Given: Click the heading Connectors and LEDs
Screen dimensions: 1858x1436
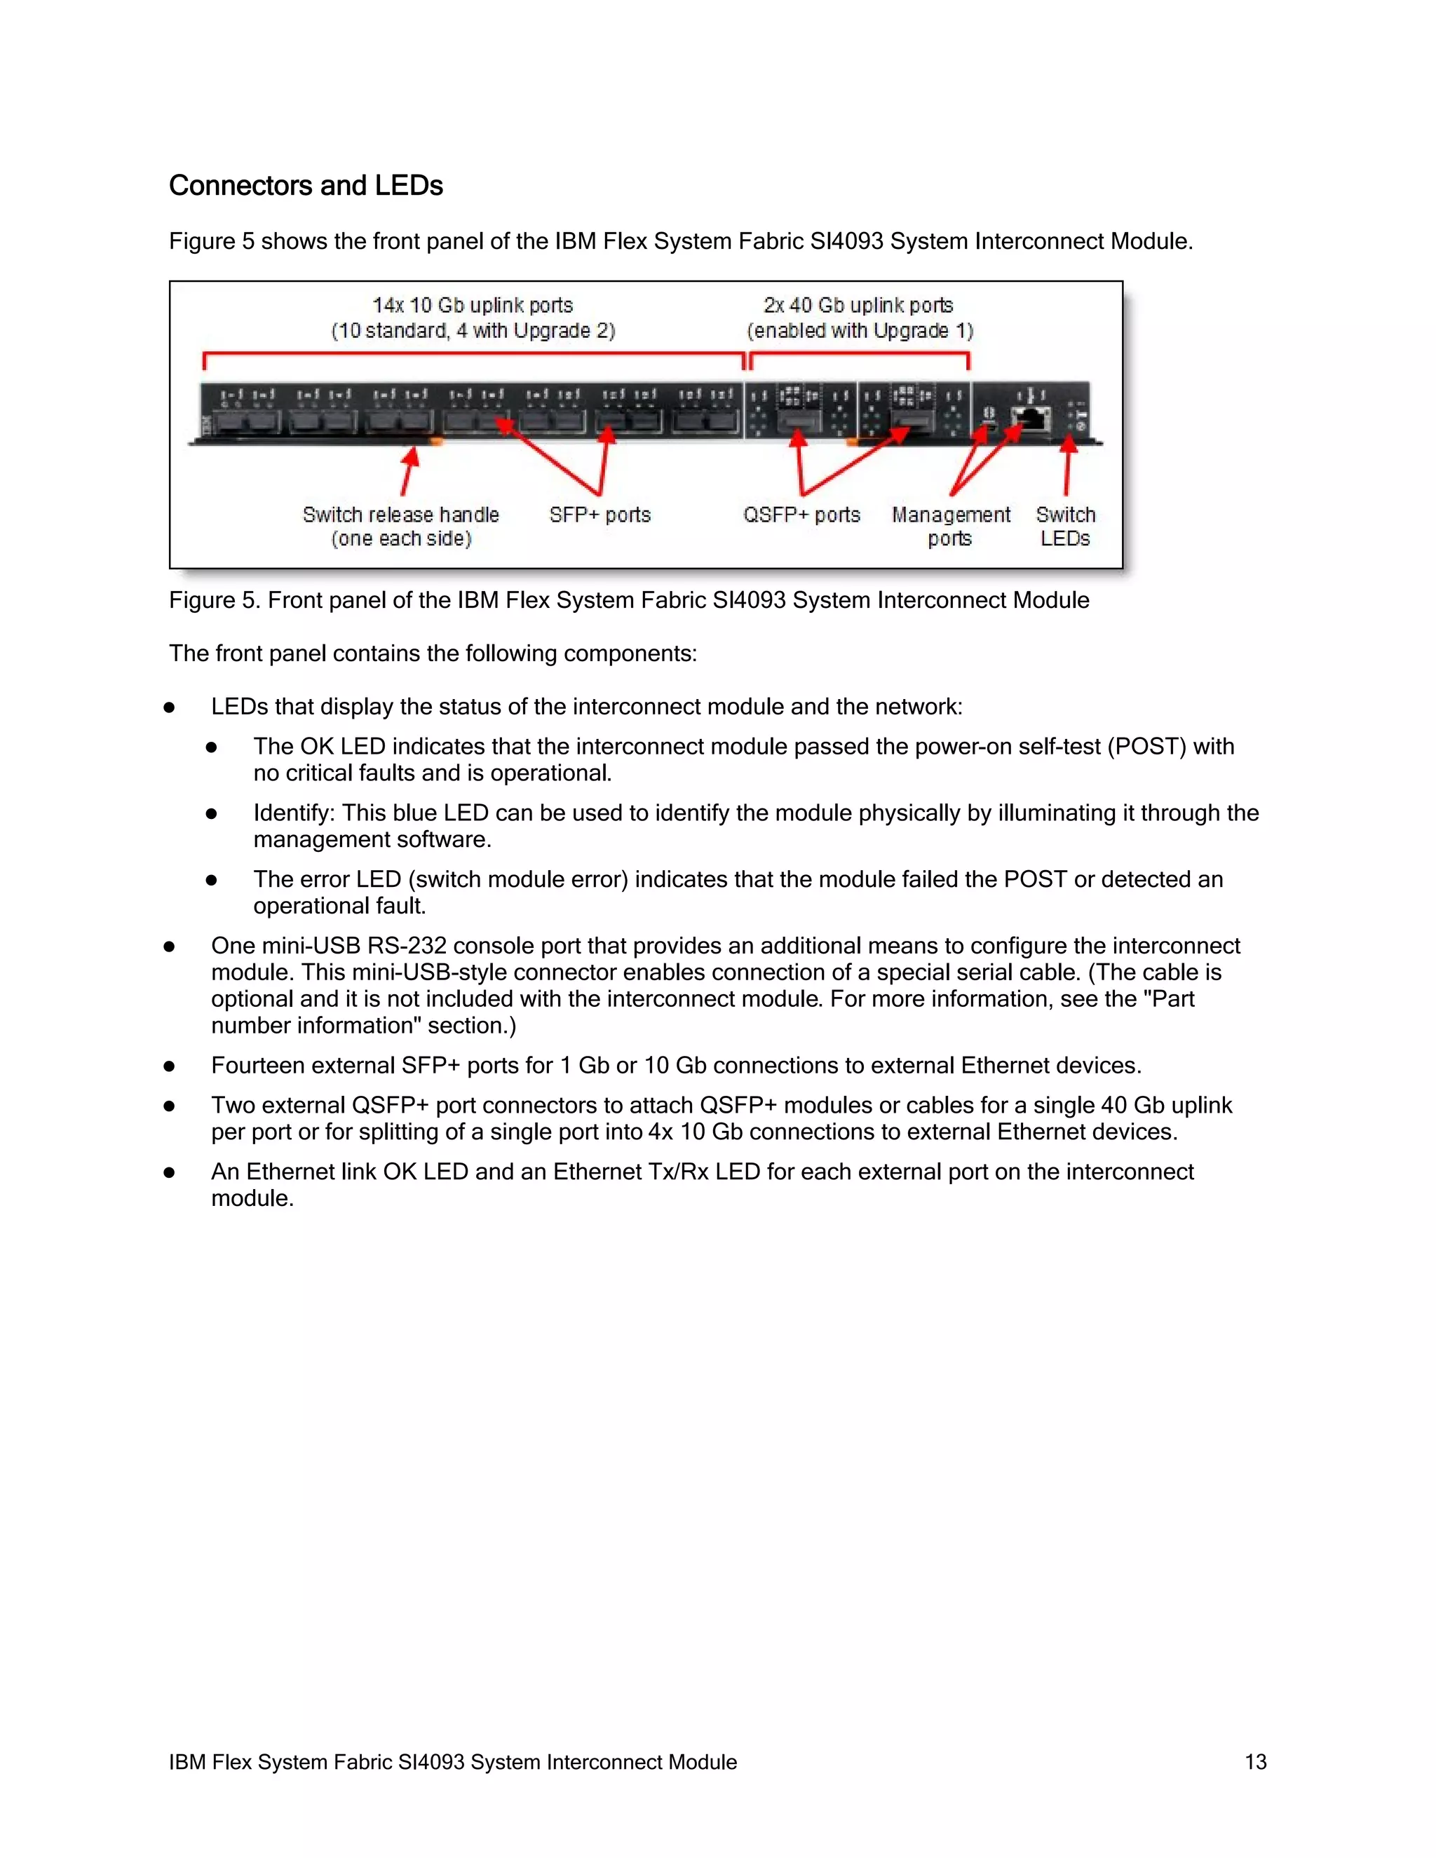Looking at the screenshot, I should pyautogui.click(x=306, y=186).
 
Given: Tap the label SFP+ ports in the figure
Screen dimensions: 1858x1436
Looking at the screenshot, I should pyautogui.click(x=600, y=515).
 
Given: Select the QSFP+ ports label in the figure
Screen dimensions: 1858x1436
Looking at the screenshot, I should pyautogui.click(x=801, y=515).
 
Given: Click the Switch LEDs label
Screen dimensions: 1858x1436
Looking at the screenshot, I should pyautogui.click(x=1065, y=527).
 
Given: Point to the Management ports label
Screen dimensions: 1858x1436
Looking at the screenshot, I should pyautogui.click(x=950, y=527).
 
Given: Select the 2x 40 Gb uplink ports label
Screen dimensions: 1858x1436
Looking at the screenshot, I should pyautogui.click(x=858, y=306).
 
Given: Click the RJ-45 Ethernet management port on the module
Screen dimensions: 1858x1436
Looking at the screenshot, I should pyautogui.click(x=1031, y=419).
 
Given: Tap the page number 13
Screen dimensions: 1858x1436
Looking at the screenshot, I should pyautogui.click(x=1256, y=1762).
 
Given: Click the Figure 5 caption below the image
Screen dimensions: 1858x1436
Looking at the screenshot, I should pyautogui.click(x=629, y=601).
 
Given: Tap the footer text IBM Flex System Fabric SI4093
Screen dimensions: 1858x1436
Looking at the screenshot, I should pyautogui.click(x=452, y=1762).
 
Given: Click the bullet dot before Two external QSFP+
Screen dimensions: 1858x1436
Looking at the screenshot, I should pyautogui.click(x=169, y=1106).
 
